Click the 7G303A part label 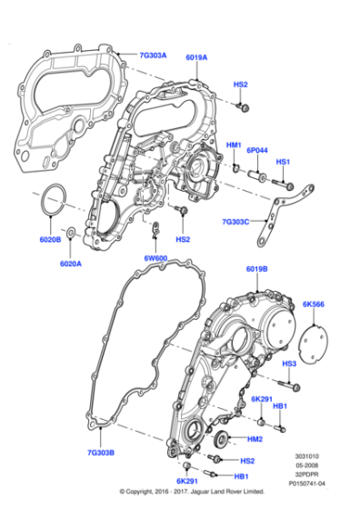[x=153, y=55]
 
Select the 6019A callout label [x=197, y=55]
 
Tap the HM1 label [x=233, y=145]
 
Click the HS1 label [x=283, y=162]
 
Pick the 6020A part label [x=71, y=264]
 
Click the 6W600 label [x=155, y=259]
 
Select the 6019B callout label [x=257, y=269]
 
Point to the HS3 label [x=289, y=364]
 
